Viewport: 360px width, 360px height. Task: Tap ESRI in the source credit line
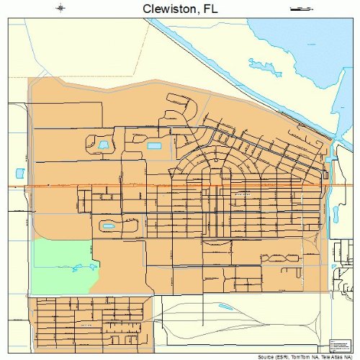click(x=284, y=356)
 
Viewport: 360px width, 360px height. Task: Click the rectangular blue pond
click(x=155, y=146)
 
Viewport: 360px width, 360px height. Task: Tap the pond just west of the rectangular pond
click(x=103, y=145)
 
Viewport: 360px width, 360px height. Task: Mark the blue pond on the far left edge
click(x=19, y=174)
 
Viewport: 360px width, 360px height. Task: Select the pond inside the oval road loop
click(x=109, y=225)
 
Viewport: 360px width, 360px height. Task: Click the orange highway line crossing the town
click(x=180, y=186)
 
